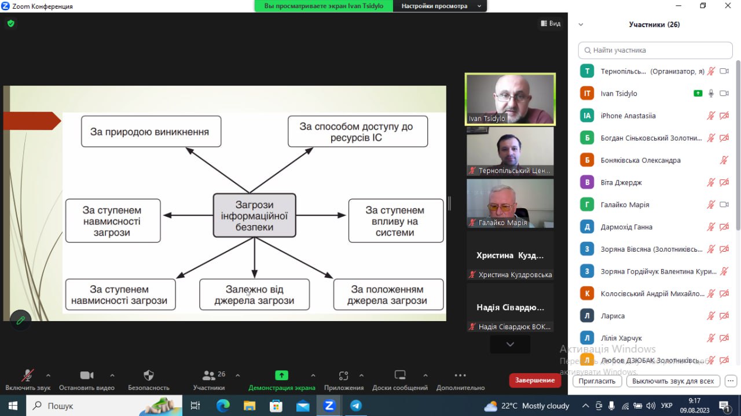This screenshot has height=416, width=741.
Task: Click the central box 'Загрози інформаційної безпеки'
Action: point(254,215)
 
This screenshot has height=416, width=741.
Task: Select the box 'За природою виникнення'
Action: point(151,131)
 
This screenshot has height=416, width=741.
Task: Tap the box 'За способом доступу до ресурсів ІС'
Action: point(357,131)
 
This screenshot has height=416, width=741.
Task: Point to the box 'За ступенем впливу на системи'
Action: point(395,221)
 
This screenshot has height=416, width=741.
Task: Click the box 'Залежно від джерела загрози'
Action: point(254,294)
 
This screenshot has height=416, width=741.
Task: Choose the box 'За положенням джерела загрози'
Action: point(388,294)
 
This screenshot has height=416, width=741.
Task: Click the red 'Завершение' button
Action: point(535,380)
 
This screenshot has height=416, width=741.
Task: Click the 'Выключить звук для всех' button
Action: point(673,381)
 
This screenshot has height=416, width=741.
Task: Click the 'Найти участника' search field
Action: point(655,50)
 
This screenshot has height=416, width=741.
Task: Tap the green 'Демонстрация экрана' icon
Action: point(281,375)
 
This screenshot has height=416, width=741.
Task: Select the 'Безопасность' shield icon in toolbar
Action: point(149,375)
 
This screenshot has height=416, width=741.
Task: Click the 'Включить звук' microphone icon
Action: point(27,375)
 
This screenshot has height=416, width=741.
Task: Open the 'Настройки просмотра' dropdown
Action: point(440,6)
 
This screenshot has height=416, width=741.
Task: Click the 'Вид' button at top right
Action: point(551,24)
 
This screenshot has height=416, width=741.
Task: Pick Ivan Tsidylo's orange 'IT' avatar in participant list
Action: point(587,93)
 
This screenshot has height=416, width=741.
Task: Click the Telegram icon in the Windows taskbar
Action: point(355,406)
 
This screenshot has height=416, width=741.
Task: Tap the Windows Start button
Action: point(13,406)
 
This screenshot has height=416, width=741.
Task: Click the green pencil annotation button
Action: point(21,320)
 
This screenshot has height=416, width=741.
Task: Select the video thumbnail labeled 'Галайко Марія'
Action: point(510,203)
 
